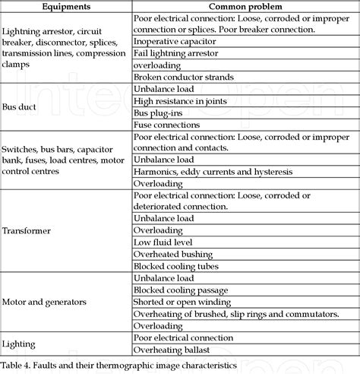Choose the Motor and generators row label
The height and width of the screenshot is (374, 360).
[43, 302]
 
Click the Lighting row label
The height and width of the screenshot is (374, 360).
[19, 344]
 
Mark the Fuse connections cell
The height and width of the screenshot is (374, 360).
[167, 125]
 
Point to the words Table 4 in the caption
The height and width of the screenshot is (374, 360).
[16, 365]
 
